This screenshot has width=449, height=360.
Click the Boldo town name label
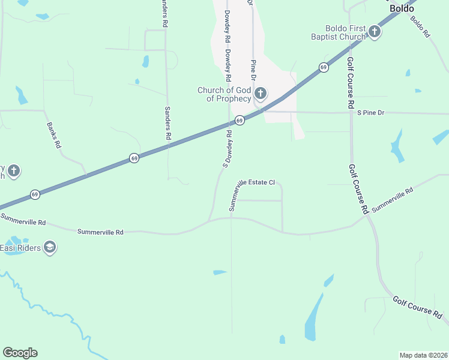click(x=402, y=8)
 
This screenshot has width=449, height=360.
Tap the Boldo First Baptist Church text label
click(x=345, y=32)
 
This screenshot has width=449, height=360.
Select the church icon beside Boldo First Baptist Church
click(x=375, y=32)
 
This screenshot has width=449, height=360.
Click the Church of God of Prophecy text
click(x=224, y=95)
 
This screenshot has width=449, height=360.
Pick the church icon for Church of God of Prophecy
click(x=261, y=94)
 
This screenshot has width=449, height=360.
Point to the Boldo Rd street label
click(x=420, y=27)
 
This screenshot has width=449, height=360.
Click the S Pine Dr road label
click(x=370, y=113)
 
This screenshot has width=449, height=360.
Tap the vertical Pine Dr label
click(x=253, y=71)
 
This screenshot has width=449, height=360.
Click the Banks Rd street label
click(x=54, y=136)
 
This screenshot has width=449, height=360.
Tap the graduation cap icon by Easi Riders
click(x=50, y=247)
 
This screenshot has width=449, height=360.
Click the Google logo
click(x=20, y=353)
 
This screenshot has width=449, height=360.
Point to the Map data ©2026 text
click(x=424, y=355)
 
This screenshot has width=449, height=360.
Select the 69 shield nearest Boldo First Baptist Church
click(x=324, y=67)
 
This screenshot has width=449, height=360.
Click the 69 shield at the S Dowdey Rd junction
click(x=240, y=121)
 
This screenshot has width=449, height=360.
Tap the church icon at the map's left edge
click(x=14, y=172)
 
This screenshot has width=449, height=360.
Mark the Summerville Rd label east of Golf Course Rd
click(x=393, y=200)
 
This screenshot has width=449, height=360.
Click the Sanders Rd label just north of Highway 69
click(x=167, y=124)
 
